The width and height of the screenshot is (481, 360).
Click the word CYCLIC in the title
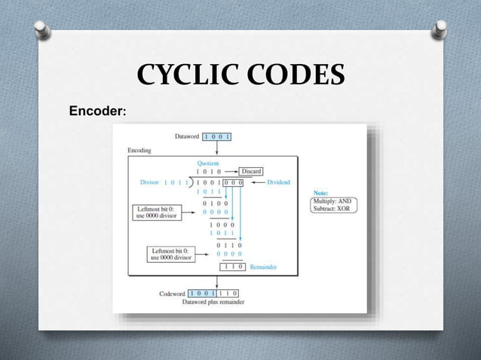pyautogui.click(x=182, y=77)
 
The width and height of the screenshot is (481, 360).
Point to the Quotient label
pyautogui.click(x=209, y=163)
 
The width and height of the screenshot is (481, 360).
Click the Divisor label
pyautogui.click(x=150, y=182)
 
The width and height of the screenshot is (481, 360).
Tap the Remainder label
pyautogui.click(x=264, y=266)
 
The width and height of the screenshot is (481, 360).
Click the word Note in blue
pyautogui.click(x=320, y=193)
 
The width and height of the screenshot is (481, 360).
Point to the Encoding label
pyautogui.click(x=139, y=151)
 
